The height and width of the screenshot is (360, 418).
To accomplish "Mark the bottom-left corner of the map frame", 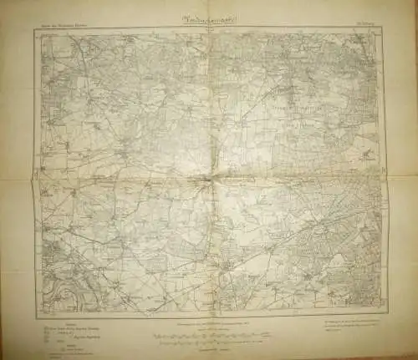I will pos(37,317).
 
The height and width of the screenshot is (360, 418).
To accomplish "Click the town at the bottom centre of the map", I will pos(227,267).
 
